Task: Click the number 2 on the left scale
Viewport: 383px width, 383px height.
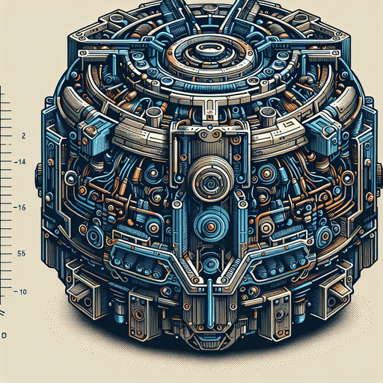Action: [25, 136]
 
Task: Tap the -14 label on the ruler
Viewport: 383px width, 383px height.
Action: [22, 162]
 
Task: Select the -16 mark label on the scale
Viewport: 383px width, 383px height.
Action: [22, 207]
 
